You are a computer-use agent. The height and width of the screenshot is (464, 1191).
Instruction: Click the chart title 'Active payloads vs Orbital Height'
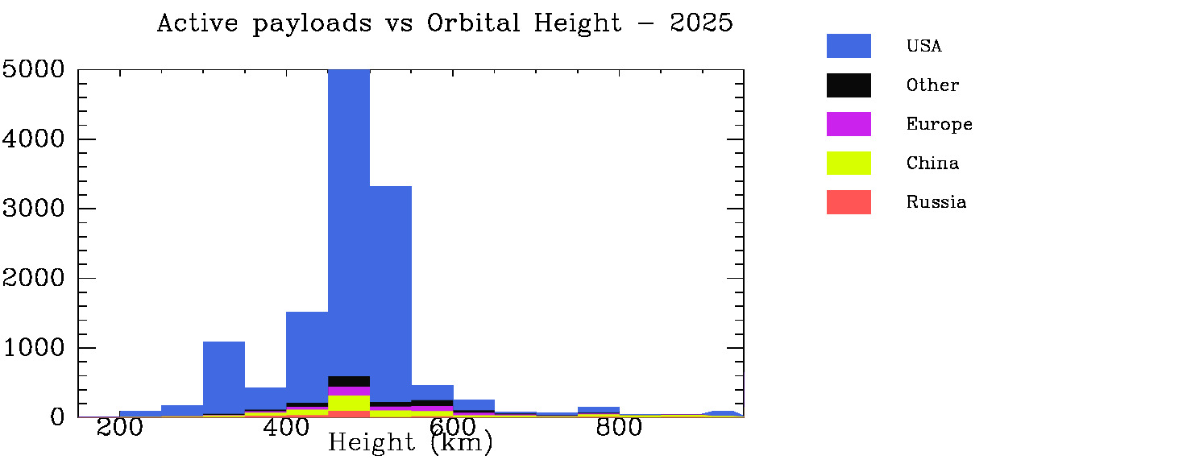coord(445,23)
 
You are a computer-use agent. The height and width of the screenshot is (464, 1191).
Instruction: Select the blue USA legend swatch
coord(849,46)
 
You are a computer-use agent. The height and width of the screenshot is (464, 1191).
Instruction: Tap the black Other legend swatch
coord(849,85)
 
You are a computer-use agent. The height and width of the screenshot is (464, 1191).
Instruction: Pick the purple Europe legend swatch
coord(849,124)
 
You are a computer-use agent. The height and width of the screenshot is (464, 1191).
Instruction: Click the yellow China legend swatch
coord(849,163)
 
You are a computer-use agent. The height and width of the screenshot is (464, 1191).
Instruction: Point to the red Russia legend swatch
coord(849,202)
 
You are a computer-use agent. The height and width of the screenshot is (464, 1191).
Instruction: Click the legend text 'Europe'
coord(939,124)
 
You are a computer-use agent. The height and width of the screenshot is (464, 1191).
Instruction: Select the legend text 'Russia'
coord(936,202)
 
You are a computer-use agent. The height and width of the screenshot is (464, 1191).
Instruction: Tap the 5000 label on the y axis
coord(33,69)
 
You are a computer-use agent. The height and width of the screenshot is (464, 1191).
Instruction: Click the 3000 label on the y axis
coord(33,209)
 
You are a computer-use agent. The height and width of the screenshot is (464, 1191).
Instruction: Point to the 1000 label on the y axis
coord(33,348)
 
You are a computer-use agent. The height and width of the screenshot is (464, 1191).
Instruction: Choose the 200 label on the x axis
coord(120,428)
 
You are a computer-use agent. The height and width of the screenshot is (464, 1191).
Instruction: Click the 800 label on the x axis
coord(619,428)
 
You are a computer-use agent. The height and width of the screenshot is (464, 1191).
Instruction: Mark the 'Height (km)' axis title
coord(410,443)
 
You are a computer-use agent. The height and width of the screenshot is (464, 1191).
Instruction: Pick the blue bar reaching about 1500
coord(307,354)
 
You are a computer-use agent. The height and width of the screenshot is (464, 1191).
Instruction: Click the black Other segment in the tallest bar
coord(349,381)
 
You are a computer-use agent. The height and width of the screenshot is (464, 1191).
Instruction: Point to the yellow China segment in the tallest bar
coord(349,403)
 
